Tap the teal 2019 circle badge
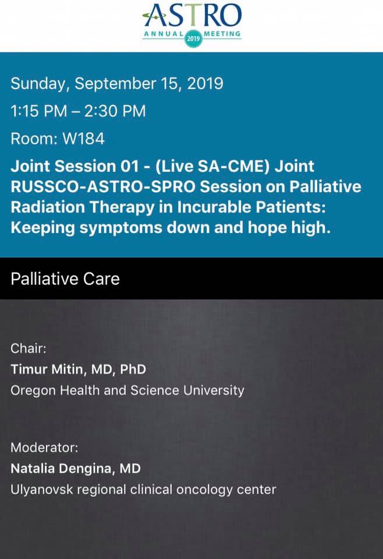coord(193,38)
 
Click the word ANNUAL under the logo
coord(164,34)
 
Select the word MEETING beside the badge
coord(222,34)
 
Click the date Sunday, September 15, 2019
coord(117,84)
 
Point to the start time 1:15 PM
coord(39,111)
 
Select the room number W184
coord(83,139)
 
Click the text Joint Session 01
coord(75,166)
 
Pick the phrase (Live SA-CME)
coord(212,166)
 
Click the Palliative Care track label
coord(65,279)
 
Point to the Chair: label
coord(29,348)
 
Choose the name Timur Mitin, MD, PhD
coord(79,369)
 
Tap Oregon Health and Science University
coord(127,390)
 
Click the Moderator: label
coord(44,447)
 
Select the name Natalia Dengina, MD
coord(76,468)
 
